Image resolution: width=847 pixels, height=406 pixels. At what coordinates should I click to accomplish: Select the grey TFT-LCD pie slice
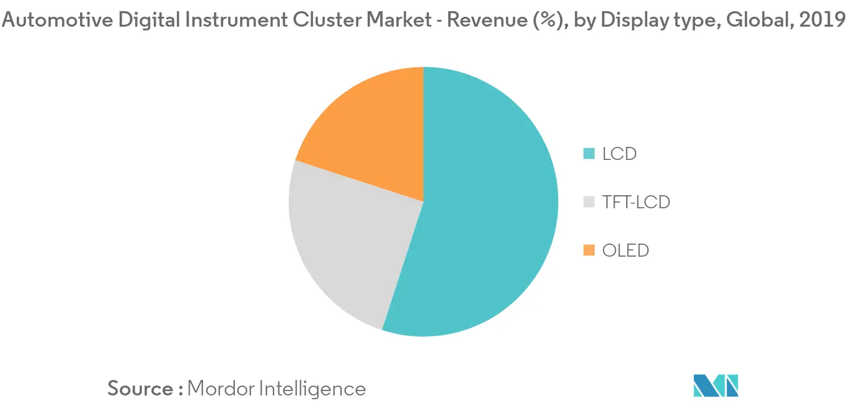pyautogui.click(x=347, y=242)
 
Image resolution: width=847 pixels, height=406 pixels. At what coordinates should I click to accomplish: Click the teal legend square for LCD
pyautogui.click(x=589, y=153)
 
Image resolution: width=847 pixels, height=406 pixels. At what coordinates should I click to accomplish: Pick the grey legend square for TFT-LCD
pyautogui.click(x=589, y=201)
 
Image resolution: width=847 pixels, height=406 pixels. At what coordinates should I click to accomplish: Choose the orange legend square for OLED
pyautogui.click(x=589, y=250)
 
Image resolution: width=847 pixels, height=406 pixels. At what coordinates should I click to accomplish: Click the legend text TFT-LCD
pyautogui.click(x=636, y=201)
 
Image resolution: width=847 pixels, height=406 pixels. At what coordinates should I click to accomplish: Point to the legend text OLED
pyautogui.click(x=626, y=250)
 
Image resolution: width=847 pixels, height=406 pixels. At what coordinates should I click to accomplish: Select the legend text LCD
pyautogui.click(x=619, y=153)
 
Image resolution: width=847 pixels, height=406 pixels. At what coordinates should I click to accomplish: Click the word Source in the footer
pyautogui.click(x=140, y=389)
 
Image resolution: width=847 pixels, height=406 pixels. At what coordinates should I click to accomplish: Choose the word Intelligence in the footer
pyautogui.click(x=312, y=389)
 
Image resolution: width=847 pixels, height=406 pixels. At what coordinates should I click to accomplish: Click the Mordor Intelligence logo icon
pyautogui.click(x=716, y=386)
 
